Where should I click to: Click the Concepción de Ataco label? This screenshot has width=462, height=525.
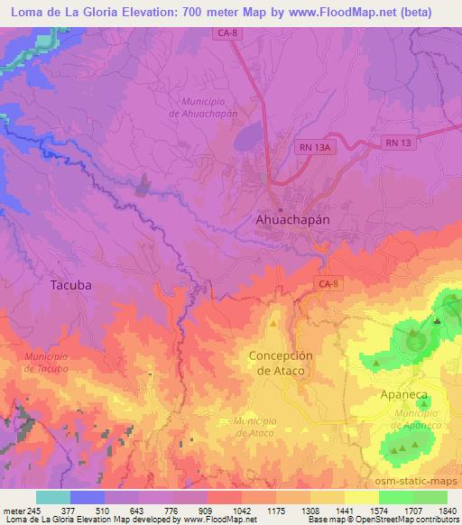pyautogui.click(x=281, y=363)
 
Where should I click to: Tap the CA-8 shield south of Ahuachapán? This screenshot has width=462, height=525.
pyautogui.click(x=329, y=284)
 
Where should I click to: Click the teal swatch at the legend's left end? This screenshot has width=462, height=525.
pyautogui.click(x=53, y=497)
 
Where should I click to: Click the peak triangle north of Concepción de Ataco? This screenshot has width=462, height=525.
pyautogui.click(x=273, y=323)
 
